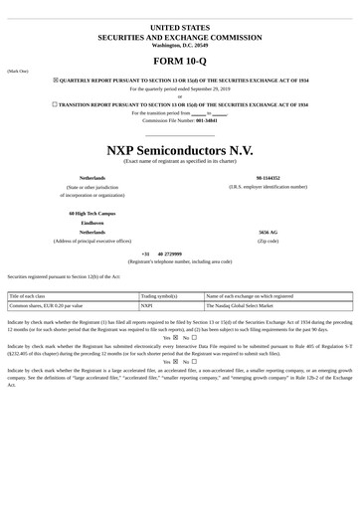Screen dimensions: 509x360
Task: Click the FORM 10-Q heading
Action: [x=179, y=63]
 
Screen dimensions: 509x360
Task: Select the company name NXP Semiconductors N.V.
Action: [x=179, y=148]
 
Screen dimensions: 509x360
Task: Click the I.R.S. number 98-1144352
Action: [x=267, y=177]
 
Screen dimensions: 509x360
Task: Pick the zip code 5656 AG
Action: [x=268, y=232]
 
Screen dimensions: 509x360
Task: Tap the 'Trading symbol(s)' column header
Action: [x=159, y=296]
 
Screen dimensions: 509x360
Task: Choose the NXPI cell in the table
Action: [x=147, y=306]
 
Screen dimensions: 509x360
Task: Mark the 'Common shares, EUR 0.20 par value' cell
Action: [x=46, y=306]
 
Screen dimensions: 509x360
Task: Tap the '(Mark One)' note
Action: [x=18, y=72]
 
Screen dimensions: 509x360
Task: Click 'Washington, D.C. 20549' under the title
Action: [x=179, y=45]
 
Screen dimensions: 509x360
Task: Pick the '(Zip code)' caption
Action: [x=268, y=241]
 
